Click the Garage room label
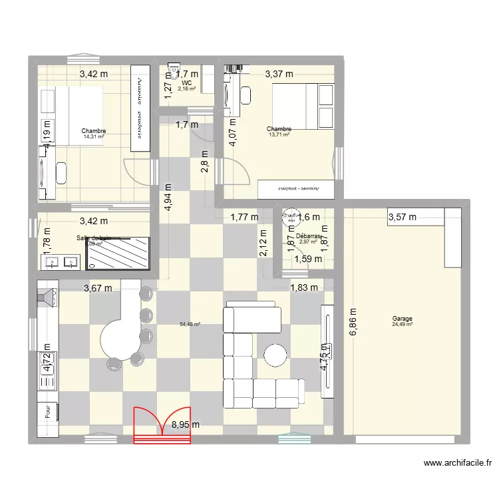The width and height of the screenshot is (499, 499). pyautogui.click(x=402, y=319)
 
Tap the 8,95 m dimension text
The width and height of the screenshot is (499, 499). pyautogui.click(x=186, y=424)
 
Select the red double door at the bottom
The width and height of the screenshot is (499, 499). pyautogui.click(x=162, y=425)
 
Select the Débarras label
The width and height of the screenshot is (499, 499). pyautogui.click(x=309, y=236)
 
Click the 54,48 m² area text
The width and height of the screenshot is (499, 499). pyautogui.click(x=190, y=325)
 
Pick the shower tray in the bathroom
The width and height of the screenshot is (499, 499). pyautogui.click(x=121, y=253)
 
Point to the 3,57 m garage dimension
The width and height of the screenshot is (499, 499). pyautogui.click(x=402, y=216)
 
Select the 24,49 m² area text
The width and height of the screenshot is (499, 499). pyautogui.click(x=402, y=325)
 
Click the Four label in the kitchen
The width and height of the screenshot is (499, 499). pyautogui.click(x=48, y=413)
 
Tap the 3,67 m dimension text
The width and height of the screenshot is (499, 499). pyautogui.click(x=98, y=287)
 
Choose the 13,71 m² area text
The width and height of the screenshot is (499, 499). pyautogui.click(x=279, y=135)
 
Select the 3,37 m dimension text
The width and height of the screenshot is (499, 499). pyautogui.click(x=279, y=75)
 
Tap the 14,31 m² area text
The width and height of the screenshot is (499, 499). pyautogui.click(x=93, y=137)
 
